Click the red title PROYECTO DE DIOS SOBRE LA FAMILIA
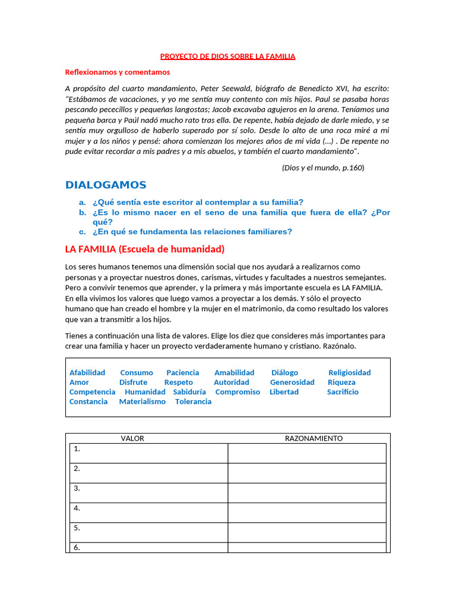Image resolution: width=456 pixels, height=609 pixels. (228, 56)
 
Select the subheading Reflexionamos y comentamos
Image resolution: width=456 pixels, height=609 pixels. (118, 72)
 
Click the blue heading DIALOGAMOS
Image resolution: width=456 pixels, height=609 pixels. (106, 185)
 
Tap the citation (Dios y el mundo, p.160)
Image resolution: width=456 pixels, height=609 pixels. (322, 168)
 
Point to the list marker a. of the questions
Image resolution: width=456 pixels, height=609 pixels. (83, 202)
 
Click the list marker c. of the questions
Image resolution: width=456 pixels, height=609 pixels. (83, 232)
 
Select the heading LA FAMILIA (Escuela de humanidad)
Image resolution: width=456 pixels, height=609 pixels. (145, 249)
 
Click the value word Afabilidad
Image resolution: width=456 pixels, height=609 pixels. (87, 373)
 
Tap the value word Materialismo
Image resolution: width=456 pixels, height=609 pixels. (142, 401)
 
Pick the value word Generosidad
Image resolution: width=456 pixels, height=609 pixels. (292, 382)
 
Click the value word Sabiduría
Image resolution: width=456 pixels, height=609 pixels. (189, 392)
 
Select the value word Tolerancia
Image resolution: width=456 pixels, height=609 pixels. (193, 401)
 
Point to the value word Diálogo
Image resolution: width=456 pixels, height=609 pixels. (284, 373)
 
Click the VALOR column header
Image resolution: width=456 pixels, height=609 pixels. (132, 438)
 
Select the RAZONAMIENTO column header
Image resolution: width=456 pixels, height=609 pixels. (313, 438)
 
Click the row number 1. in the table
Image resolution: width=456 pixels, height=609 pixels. (77, 449)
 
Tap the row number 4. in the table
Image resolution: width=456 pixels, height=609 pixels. (77, 508)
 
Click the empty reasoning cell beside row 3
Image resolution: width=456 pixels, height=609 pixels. (307, 492)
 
